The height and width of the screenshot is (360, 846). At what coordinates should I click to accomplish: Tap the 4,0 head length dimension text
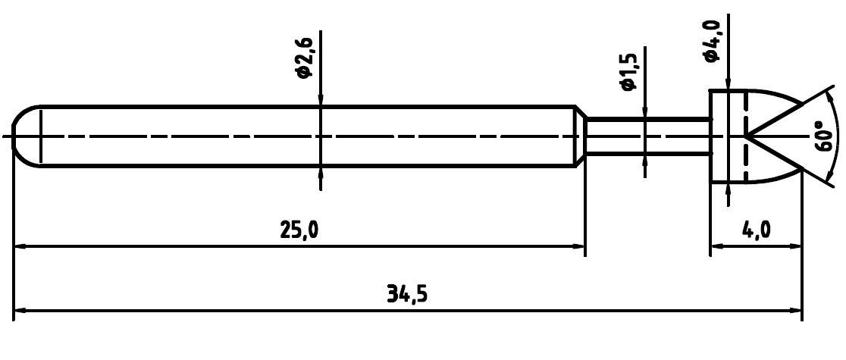coord(756,230)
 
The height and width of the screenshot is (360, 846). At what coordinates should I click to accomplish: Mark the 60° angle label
coord(825,136)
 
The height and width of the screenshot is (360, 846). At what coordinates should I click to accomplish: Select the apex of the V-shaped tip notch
coord(746,136)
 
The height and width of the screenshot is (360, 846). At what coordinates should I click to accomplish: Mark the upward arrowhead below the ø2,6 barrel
coord(321,174)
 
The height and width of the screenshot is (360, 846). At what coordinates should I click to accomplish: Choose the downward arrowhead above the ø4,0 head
coord(728,83)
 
